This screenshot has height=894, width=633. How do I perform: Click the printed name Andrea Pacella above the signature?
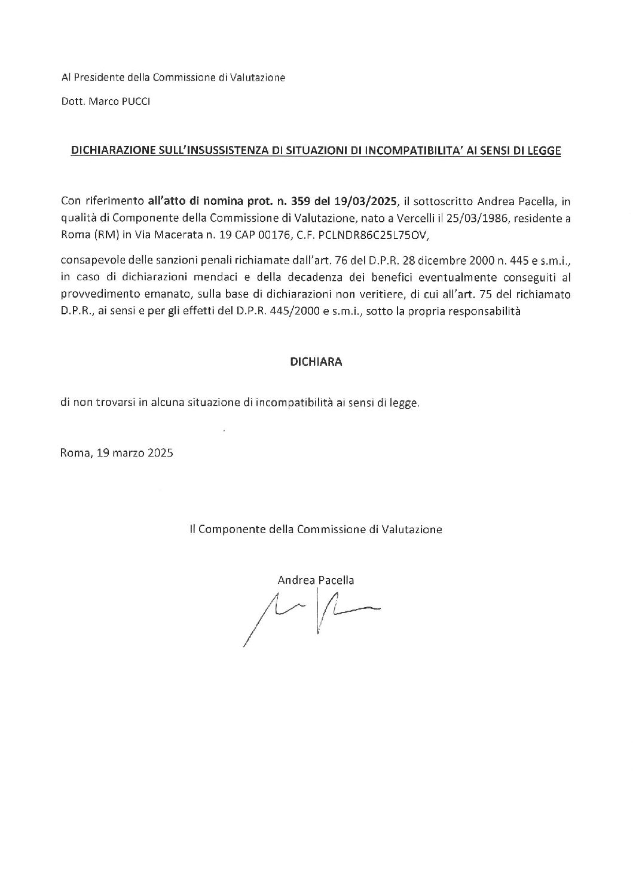(316, 580)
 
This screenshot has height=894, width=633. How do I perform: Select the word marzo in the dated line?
(127, 453)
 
